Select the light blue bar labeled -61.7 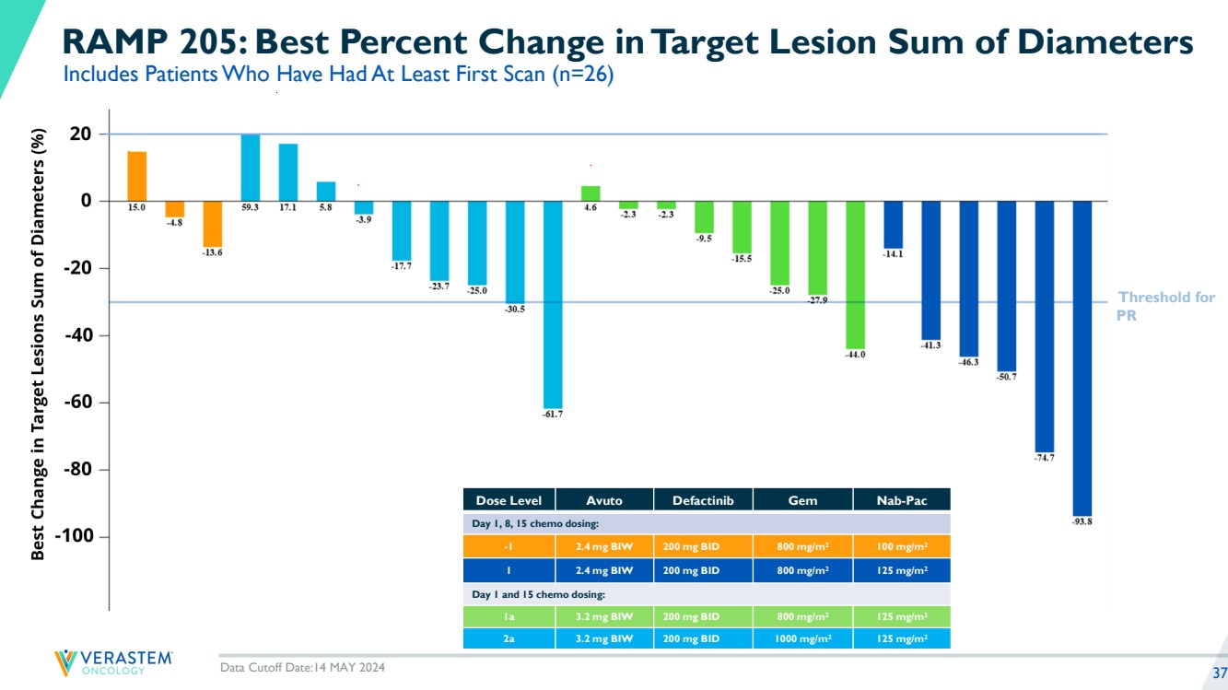[553, 304]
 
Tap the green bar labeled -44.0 [855, 274]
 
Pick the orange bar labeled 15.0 [136, 176]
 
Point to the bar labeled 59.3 [250, 168]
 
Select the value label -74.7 [1045, 458]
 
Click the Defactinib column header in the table [702, 500]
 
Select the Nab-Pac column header [901, 500]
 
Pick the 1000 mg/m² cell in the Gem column [801, 637]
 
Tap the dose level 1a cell [509, 615]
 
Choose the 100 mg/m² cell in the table [901, 546]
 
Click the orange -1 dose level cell [509, 546]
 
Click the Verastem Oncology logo [112, 662]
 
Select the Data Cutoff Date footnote [302, 668]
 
